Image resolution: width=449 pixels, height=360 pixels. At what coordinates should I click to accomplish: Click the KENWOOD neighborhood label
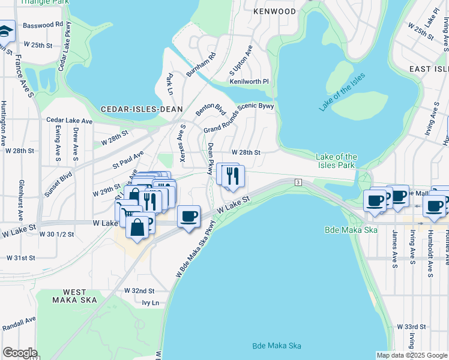pyautogui.click(x=274, y=11)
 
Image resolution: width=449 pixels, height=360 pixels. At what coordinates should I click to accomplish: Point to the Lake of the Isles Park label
pyautogui.click(x=337, y=161)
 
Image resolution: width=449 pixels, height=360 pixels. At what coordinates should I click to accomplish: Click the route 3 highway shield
pyautogui.click(x=297, y=182)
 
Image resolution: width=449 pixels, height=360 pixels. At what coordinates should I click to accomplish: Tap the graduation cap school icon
pyautogui.click(x=6, y=31)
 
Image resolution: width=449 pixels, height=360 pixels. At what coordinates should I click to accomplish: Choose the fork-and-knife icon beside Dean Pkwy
pyautogui.click(x=232, y=175)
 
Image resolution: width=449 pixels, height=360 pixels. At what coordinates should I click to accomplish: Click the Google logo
pyautogui.click(x=20, y=353)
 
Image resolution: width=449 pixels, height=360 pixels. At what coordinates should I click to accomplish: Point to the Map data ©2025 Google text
pyautogui.click(x=412, y=355)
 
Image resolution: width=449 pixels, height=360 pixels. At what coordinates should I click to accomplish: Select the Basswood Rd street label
pyautogui.click(x=43, y=25)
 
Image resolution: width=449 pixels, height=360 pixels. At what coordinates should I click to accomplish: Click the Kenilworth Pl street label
pyautogui.click(x=249, y=80)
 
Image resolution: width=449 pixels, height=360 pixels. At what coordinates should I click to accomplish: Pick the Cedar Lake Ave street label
pyautogui.click(x=70, y=121)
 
